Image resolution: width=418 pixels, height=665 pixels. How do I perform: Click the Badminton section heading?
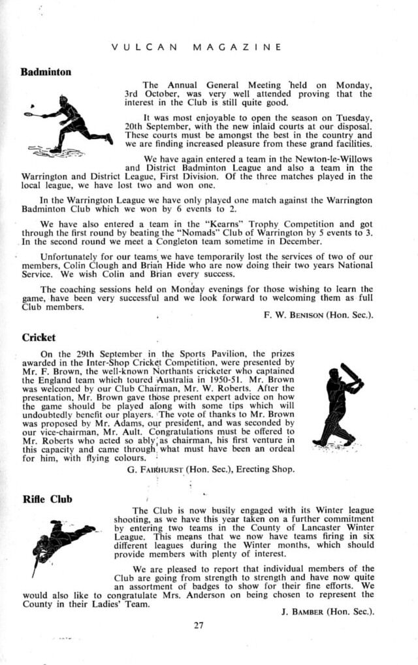(46, 72)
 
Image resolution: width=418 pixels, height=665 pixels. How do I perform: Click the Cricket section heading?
(39, 338)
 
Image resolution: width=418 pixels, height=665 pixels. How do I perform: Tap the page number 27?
(199, 624)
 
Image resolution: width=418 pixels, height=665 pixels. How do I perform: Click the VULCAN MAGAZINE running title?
(197, 47)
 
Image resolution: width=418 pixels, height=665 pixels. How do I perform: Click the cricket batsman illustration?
(338, 406)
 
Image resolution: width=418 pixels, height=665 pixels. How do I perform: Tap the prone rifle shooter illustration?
(62, 539)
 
